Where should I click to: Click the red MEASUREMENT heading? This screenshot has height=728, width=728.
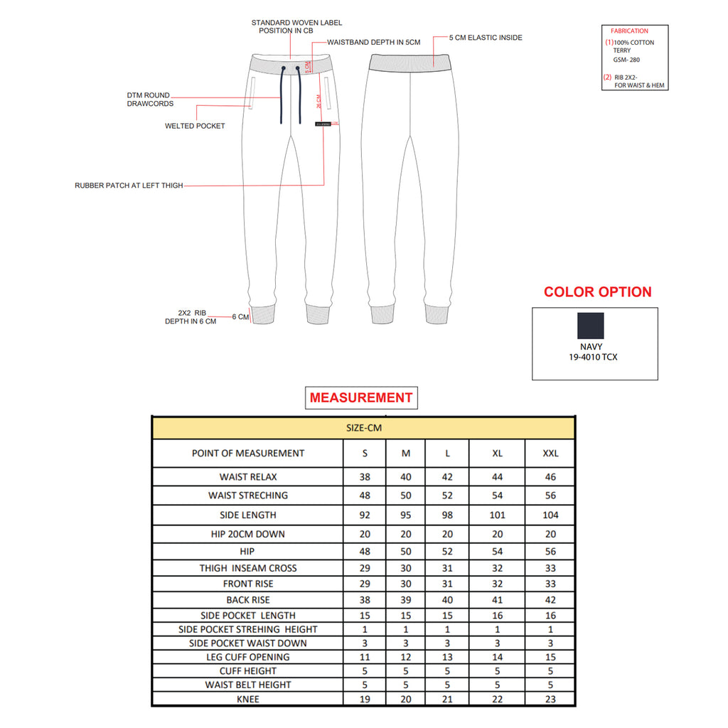[x=361, y=398]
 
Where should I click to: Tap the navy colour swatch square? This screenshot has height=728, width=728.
[x=591, y=326]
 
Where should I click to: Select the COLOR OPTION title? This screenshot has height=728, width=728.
[x=597, y=292]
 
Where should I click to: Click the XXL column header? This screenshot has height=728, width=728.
[x=550, y=454]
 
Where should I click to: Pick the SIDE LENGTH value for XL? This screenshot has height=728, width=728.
[x=497, y=515]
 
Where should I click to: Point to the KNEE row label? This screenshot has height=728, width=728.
[x=248, y=699]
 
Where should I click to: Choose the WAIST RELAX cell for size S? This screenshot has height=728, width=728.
[x=365, y=477]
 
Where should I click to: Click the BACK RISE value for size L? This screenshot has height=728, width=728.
[x=447, y=600]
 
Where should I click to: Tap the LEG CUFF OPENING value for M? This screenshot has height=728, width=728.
[x=406, y=657]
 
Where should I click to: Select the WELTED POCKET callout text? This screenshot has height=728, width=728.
[x=195, y=126]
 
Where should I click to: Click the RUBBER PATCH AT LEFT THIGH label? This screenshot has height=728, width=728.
[x=129, y=186]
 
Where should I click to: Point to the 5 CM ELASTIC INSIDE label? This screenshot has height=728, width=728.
[x=485, y=38]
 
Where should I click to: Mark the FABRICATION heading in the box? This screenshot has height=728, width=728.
[x=629, y=31]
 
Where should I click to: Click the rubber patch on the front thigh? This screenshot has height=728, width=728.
[x=323, y=124]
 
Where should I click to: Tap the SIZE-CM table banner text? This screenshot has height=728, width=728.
[x=363, y=428]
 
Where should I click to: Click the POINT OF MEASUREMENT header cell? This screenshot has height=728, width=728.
[x=248, y=454]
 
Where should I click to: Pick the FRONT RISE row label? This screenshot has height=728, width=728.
[x=248, y=584]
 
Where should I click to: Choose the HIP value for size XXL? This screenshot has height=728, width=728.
[x=550, y=551]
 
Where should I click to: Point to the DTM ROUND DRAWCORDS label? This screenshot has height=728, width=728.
[x=149, y=99]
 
